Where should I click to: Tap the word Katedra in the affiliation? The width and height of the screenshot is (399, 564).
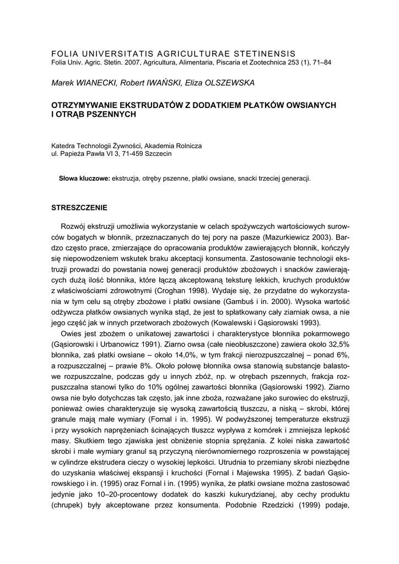tap(63, 146)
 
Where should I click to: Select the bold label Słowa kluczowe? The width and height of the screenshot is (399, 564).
tap(84, 179)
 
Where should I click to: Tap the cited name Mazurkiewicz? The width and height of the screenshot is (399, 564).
tap(288, 236)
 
